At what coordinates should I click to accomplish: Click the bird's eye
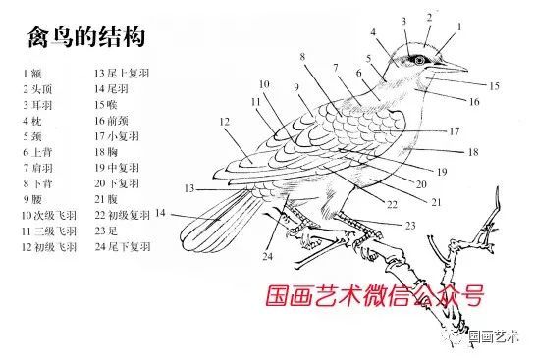(420, 61)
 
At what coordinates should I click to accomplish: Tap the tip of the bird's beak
(467, 71)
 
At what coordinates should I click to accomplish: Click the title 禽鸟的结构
(86, 36)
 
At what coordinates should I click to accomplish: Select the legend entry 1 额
(32, 74)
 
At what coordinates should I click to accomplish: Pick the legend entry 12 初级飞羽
(48, 247)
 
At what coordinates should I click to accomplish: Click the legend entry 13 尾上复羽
(122, 74)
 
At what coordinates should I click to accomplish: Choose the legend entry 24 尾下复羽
(123, 246)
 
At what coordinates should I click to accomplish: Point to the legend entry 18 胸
(106, 152)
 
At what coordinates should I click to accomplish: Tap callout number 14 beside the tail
(160, 213)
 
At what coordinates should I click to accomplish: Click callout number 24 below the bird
(267, 256)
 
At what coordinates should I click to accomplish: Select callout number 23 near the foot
(410, 226)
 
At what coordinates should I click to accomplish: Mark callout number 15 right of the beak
(495, 85)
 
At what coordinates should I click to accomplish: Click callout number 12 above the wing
(224, 122)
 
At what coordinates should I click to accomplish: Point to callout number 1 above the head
(459, 26)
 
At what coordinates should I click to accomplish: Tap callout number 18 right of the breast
(473, 152)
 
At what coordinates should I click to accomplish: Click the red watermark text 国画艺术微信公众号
(375, 295)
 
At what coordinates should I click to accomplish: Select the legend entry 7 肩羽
(37, 168)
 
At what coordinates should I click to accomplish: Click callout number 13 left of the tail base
(189, 188)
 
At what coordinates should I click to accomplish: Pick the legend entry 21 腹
(106, 199)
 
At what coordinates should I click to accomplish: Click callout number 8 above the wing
(302, 56)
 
